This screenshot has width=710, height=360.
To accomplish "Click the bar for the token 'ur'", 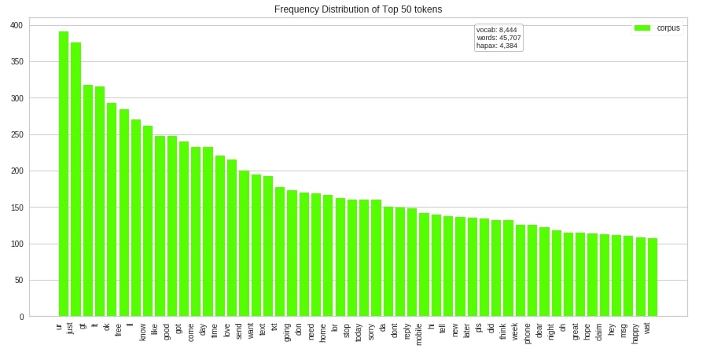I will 64,174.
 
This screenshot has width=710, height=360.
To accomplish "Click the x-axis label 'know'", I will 143,332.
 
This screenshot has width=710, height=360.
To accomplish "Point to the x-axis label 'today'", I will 359,332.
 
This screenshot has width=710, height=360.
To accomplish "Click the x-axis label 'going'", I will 287,332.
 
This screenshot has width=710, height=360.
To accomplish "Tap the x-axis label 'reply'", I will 407,331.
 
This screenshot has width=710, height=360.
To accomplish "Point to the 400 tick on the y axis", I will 16,25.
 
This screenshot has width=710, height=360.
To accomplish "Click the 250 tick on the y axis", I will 16,134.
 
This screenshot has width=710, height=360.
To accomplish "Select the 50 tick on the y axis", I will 18,281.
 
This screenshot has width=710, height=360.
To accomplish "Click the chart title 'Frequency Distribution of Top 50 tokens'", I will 358,9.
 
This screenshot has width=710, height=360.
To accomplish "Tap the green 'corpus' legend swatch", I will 642,28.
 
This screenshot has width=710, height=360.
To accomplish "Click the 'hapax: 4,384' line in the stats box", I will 497,46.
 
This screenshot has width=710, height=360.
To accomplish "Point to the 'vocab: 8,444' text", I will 497,30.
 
